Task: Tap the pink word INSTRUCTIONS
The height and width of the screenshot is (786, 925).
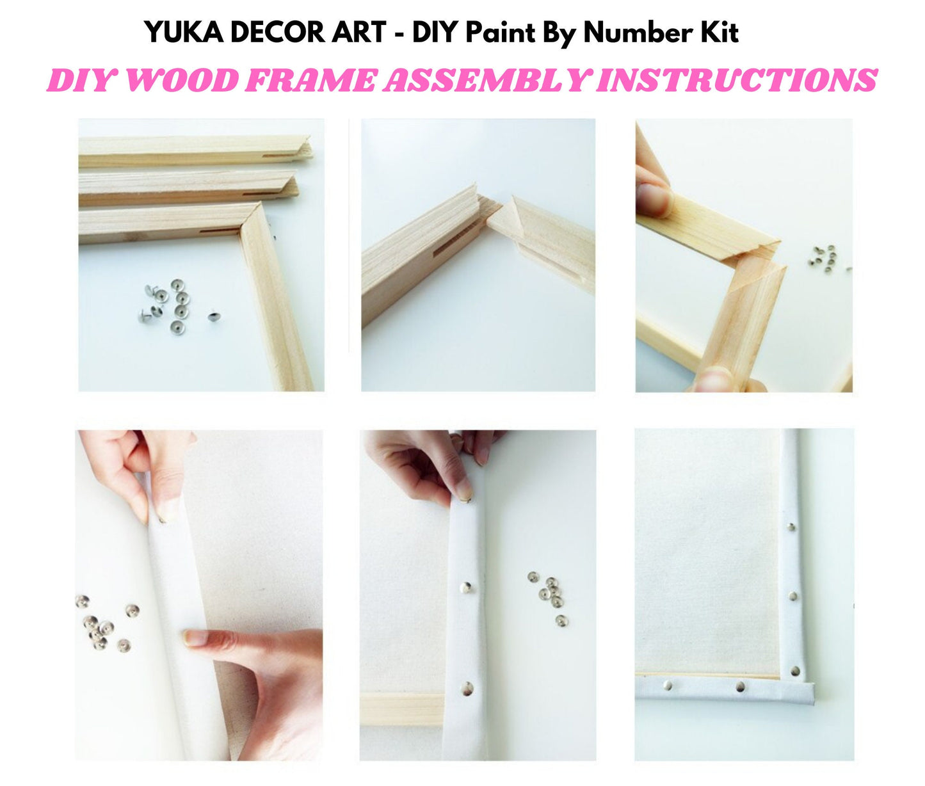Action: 736,81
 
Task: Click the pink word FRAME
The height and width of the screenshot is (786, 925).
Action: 311,81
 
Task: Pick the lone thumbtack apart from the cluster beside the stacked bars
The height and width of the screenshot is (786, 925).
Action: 213,316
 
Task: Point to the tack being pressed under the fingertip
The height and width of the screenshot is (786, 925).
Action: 464,497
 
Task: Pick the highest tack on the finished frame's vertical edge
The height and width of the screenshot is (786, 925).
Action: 791,527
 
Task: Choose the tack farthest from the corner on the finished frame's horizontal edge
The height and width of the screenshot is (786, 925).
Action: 668,686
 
